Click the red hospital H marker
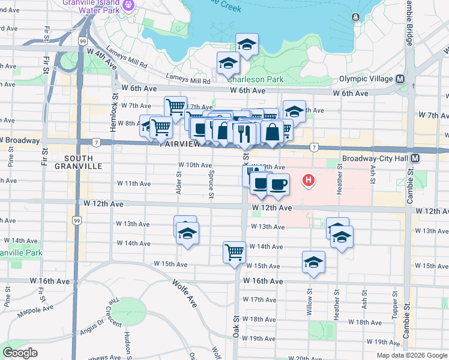(309, 179)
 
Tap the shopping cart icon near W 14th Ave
(234, 251)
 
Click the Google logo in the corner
(20, 353)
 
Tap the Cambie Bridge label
(409, 27)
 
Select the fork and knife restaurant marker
(244, 133)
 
